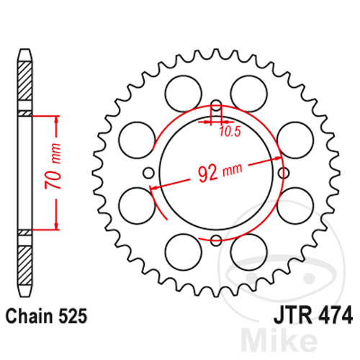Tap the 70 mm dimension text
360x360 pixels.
click(x=53, y=166)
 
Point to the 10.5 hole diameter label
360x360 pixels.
click(x=230, y=131)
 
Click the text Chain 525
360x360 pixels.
click(x=46, y=316)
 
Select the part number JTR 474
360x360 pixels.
click(x=313, y=315)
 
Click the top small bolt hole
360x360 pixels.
click(x=216, y=106)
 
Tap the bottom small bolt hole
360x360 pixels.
click(x=216, y=240)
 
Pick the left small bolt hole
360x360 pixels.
click(x=148, y=173)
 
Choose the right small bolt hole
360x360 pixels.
click(x=284, y=173)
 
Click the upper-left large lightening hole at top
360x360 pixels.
click(x=184, y=94)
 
